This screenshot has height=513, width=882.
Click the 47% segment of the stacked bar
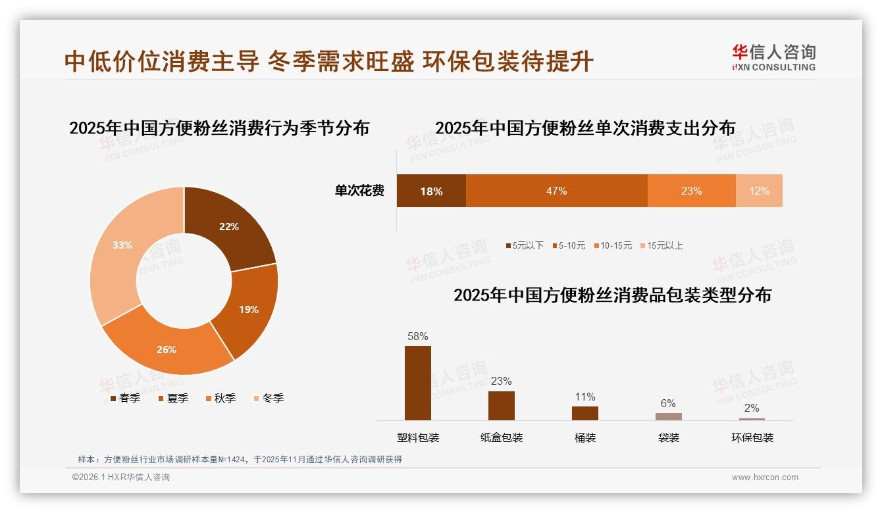[556, 191]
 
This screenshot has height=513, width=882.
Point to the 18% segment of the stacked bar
[431, 191]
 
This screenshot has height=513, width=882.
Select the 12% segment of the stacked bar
[759, 191]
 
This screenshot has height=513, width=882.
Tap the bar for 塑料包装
[418, 383]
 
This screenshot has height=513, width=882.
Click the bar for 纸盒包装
[502, 405]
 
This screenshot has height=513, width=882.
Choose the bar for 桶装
[584, 413]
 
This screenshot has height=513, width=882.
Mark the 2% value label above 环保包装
[752, 408]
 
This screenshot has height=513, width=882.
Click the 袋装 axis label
[668, 437]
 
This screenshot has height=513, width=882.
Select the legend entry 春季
[125, 398]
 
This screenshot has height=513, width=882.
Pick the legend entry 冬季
[269, 398]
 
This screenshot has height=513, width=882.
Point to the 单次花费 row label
[359, 191]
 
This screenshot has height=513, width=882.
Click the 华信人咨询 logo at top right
[773, 57]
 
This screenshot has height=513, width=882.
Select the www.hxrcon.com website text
[765, 477]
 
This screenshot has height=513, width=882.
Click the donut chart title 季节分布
[219, 128]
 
